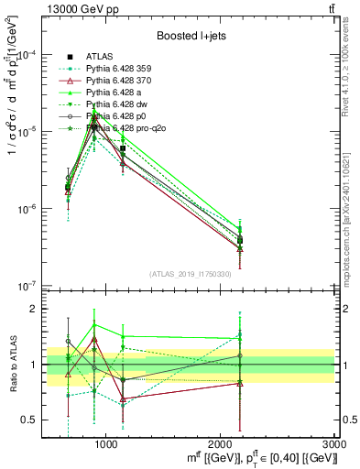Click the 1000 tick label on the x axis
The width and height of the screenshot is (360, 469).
(x=106, y=446)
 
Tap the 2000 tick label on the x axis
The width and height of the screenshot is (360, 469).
(x=221, y=446)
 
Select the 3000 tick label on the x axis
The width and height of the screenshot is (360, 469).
(x=334, y=446)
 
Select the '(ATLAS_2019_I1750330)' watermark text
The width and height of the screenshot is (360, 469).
(x=190, y=273)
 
